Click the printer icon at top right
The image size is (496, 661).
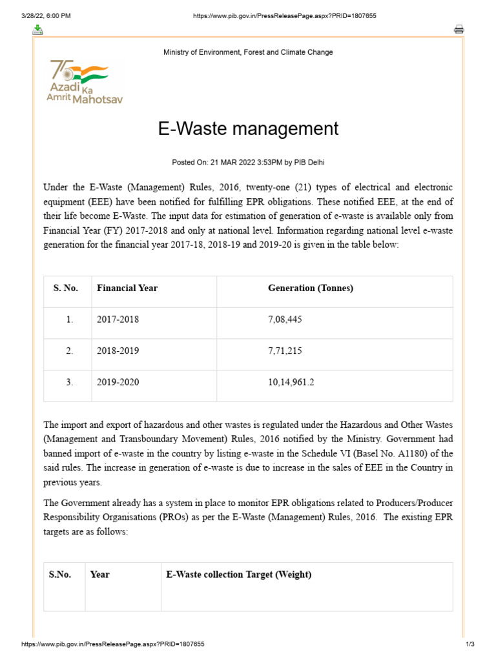click(459, 29)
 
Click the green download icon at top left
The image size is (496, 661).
click(38, 29)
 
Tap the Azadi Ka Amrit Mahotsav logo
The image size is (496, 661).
click(84, 82)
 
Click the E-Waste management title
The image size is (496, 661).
click(248, 128)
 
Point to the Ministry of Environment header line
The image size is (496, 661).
click(248, 52)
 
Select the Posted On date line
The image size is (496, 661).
click(248, 162)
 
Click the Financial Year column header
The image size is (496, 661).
click(127, 289)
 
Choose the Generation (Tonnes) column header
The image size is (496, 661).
click(311, 289)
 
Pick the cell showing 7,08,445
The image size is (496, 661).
click(285, 320)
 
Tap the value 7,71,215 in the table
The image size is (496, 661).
click(285, 351)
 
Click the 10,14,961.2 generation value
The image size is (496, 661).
click(291, 383)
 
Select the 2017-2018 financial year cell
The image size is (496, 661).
click(118, 320)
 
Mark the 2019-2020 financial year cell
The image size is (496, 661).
click(118, 383)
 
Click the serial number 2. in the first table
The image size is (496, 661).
click(69, 351)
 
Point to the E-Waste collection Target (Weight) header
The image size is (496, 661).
click(239, 575)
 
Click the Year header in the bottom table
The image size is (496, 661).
click(100, 575)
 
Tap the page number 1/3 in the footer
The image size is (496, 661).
click(470, 644)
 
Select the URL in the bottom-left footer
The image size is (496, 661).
click(113, 644)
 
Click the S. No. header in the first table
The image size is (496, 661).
click(66, 289)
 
